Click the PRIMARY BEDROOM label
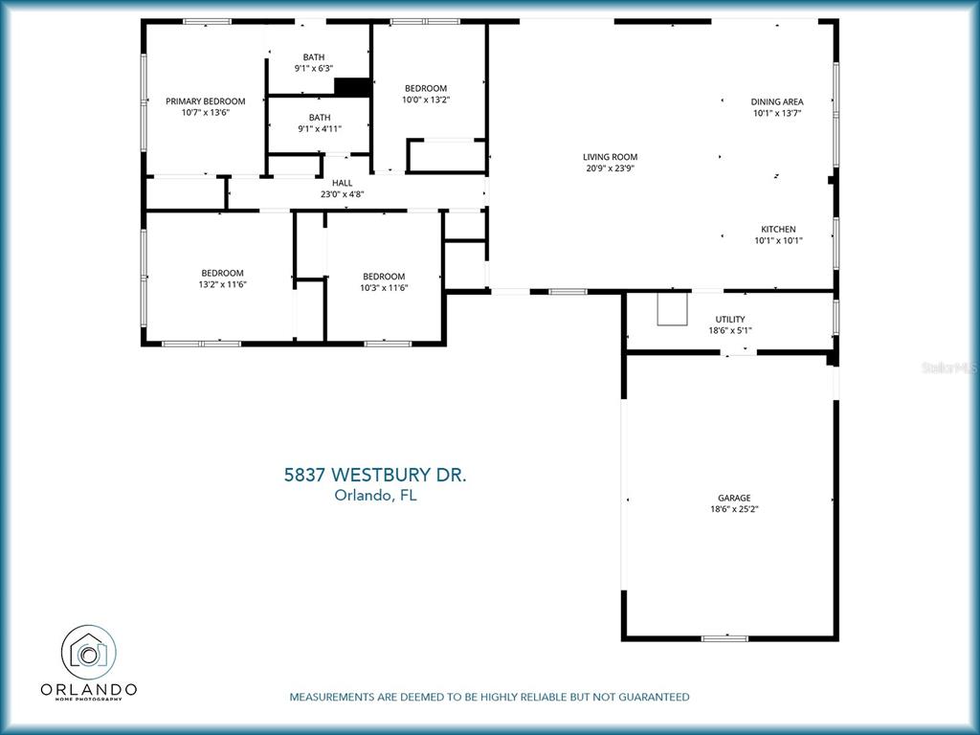(x=205, y=101)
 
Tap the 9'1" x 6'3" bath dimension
(x=314, y=68)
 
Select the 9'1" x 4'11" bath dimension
(x=320, y=129)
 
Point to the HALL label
(x=342, y=183)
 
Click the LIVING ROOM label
(x=610, y=157)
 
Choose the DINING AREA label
(x=777, y=101)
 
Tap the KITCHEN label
(x=778, y=229)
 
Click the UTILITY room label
(x=730, y=319)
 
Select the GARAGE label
(x=734, y=498)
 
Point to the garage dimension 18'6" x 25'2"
(x=734, y=509)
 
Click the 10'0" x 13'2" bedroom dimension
(x=426, y=100)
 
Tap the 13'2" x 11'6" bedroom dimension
(x=222, y=284)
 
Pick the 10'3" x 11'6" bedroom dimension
(x=384, y=287)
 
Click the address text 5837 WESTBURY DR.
(x=375, y=475)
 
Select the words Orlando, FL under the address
(x=375, y=495)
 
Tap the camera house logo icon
(x=88, y=652)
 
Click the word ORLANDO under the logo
(x=89, y=689)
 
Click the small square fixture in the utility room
(x=672, y=309)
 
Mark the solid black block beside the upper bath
(x=353, y=87)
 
